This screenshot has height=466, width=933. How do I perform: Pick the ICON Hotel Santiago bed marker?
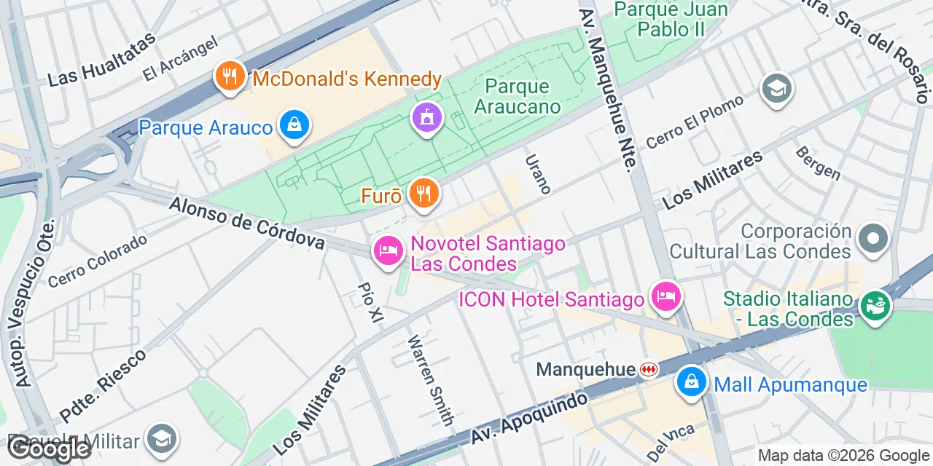(666, 297)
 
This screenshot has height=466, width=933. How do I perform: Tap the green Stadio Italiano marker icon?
(875, 305)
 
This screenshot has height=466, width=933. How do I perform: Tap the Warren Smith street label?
(430, 380)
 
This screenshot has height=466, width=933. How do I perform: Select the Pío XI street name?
(370, 302)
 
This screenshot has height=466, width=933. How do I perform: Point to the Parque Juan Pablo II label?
(671, 19)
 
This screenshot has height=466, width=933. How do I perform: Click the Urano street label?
(537, 173)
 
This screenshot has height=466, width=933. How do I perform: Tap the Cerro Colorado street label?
(98, 260)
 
